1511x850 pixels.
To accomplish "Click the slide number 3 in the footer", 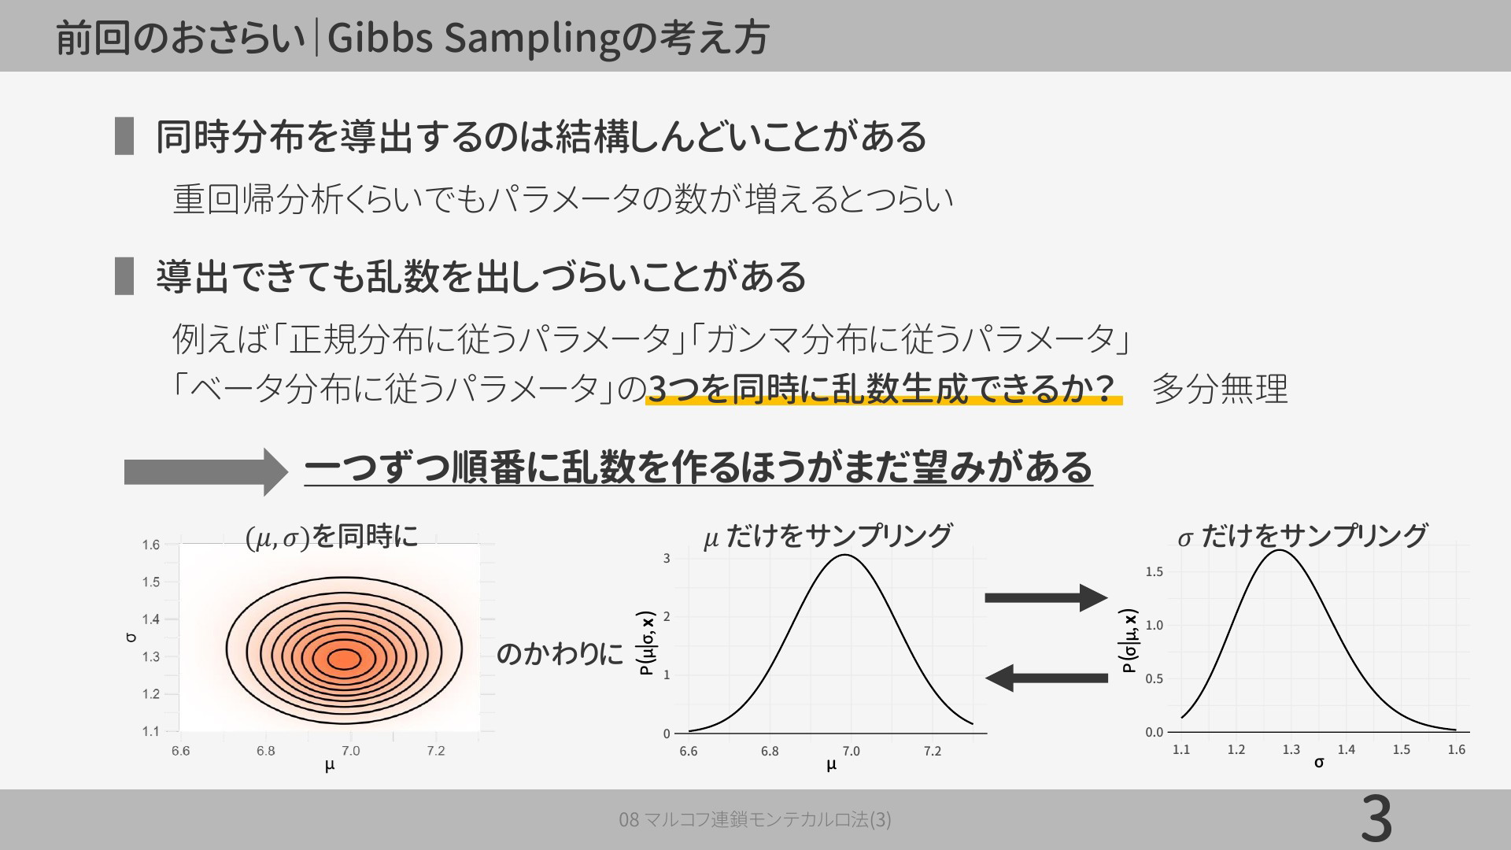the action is tap(1376, 820).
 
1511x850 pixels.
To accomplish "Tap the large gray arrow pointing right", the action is tap(206, 471).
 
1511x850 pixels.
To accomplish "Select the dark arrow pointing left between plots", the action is tap(1047, 678).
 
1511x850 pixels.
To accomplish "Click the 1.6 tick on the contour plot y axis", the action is tap(150, 545).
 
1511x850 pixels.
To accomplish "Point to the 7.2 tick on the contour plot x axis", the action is tap(435, 751).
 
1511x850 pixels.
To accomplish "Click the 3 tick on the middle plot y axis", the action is tap(667, 559).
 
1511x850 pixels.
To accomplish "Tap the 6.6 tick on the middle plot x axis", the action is tap(688, 751).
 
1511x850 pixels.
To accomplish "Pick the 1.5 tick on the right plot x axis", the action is tap(1401, 749).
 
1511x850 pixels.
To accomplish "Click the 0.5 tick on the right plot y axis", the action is tap(1154, 678).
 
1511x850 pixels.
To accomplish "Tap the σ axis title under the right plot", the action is tap(1319, 763).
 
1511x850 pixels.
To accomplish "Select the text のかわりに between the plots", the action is tap(560, 654).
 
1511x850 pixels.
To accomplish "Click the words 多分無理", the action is tap(1220, 389).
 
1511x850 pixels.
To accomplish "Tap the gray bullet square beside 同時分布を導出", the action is tap(124, 136).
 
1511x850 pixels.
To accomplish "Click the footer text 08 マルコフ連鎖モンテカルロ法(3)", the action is tap(755, 820).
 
